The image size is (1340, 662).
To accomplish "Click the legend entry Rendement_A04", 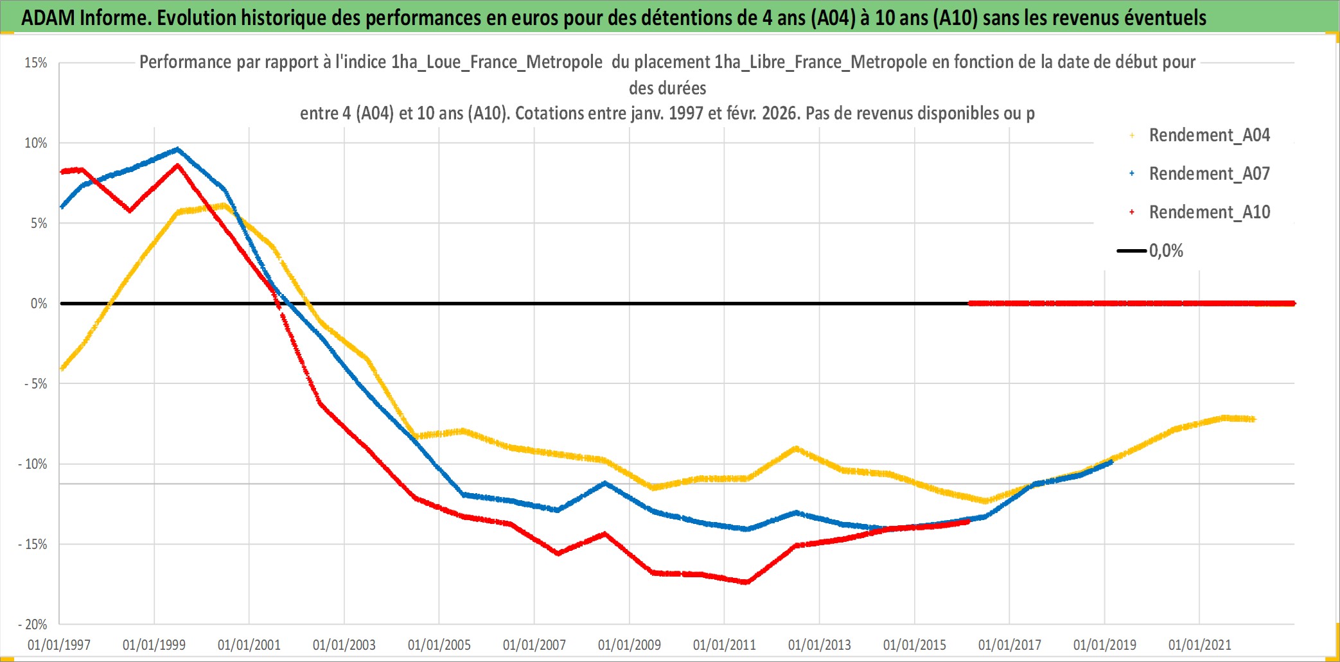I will (1209, 135).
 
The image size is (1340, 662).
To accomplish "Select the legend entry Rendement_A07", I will (1209, 174).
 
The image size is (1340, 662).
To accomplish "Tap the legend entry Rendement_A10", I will (1209, 213).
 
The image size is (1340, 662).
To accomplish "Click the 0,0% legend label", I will (1166, 251).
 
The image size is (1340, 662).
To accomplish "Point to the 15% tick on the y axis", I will (36, 63).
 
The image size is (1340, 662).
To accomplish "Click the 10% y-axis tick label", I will (36, 143).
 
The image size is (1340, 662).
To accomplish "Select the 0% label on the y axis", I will (39, 304).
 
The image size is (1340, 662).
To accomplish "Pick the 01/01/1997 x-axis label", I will (59, 645).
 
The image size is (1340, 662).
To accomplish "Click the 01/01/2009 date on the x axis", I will (630, 645).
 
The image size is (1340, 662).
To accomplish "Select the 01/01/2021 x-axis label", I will (1200, 645).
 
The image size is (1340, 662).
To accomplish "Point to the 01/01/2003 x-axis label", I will (344, 645).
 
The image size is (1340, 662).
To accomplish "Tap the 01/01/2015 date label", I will (915, 645).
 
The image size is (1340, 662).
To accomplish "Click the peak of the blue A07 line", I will (178, 150).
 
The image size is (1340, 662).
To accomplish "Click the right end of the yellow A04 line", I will (1253, 419).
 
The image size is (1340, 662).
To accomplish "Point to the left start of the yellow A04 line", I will (62, 369).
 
